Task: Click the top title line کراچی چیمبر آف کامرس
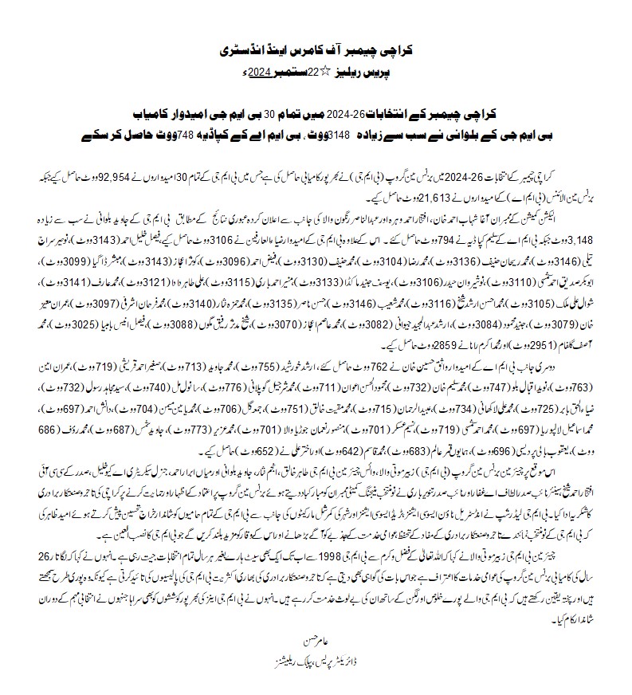[x=316, y=52]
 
